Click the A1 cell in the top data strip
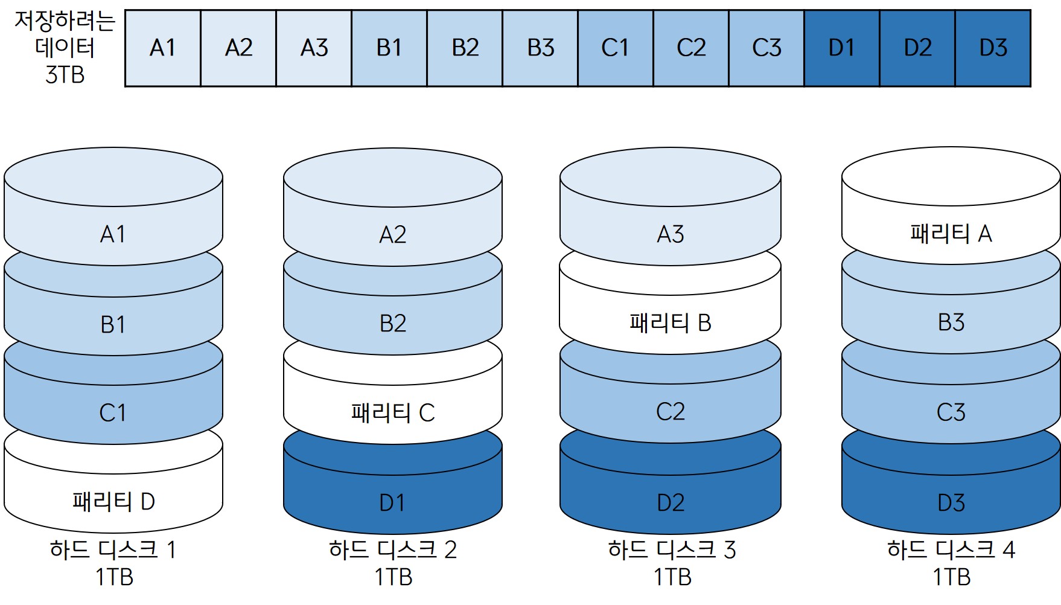coord(162,48)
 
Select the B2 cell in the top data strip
coord(465,48)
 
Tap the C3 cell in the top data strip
coord(766,48)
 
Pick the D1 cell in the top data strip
coord(842,48)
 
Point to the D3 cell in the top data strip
coord(993,48)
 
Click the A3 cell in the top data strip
coord(314,48)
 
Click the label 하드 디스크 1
coord(113,550)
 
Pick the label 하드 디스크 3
coord(672,550)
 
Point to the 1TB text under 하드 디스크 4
coord(952,577)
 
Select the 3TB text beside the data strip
coord(65,75)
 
